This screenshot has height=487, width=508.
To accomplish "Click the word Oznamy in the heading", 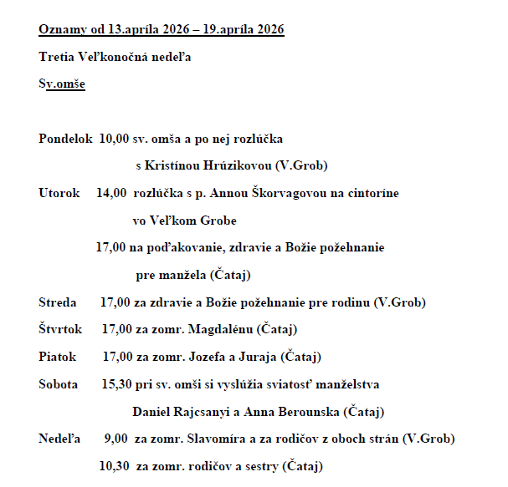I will coord(59,30).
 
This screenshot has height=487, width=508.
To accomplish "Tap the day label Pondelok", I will coord(65,138).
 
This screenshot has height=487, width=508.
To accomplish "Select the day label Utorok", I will coord(59,193).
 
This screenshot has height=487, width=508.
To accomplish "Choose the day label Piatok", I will coord(58,357).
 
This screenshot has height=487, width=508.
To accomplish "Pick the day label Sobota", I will coord(59,384).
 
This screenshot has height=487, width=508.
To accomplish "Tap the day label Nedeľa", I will coord(59,439).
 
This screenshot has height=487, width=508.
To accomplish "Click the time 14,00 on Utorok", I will coord(111,193).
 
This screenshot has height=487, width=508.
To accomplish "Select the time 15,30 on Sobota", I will coord(115,384).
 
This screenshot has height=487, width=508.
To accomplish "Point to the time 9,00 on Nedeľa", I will coord(115,439).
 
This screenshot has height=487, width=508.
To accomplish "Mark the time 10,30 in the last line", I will coord(113,465).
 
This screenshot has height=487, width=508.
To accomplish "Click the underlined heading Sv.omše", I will coord(62,84).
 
